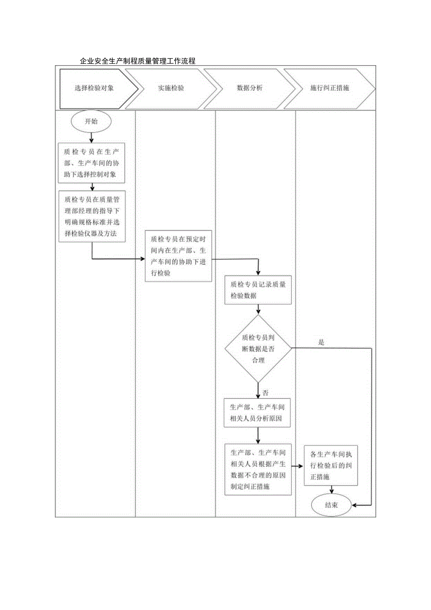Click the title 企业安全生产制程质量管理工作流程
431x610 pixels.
(x=137, y=61)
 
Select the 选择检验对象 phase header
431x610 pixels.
(x=94, y=88)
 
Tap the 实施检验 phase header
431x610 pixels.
(x=171, y=88)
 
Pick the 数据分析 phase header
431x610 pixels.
(x=250, y=88)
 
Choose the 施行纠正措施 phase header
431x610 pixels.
(x=330, y=88)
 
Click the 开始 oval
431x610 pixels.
(x=91, y=121)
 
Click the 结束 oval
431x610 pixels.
(x=332, y=505)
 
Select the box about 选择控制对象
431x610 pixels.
(x=92, y=163)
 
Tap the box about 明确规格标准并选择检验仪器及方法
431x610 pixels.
(x=92, y=216)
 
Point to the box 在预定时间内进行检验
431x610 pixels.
(x=178, y=256)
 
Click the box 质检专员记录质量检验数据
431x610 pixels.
(x=258, y=290)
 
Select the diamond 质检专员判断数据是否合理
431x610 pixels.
(x=258, y=348)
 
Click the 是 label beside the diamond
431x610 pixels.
(x=321, y=342)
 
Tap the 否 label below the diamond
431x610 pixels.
(x=266, y=393)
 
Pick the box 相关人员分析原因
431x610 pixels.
(x=258, y=413)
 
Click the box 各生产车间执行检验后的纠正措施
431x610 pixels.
(x=331, y=466)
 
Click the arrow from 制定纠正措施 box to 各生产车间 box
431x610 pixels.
(x=297, y=466)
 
